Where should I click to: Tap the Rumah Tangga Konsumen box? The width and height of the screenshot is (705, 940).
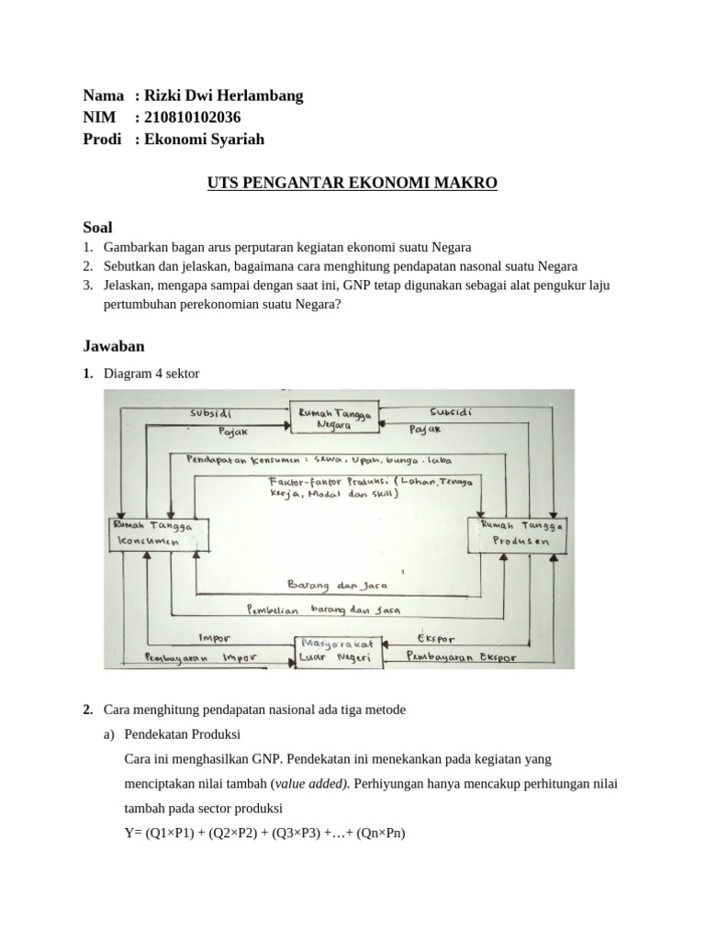coord(152,533)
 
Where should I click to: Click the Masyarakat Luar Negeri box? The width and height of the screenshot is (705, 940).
coord(337,652)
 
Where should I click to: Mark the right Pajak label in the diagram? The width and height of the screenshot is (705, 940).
coord(424,429)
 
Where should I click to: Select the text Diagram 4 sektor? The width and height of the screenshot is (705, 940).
coord(151,374)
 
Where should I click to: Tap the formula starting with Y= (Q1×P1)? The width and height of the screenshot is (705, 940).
coord(264,834)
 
